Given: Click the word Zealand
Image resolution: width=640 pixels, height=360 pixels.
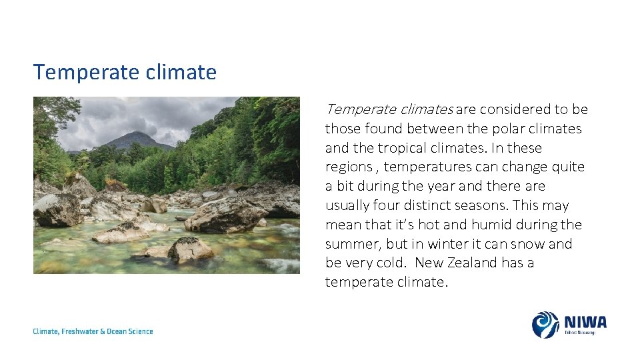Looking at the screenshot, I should point(474,263).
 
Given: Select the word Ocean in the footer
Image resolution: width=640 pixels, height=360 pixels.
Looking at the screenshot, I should point(119,331).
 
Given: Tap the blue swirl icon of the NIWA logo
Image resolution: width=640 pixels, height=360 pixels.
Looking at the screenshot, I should point(545,325).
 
